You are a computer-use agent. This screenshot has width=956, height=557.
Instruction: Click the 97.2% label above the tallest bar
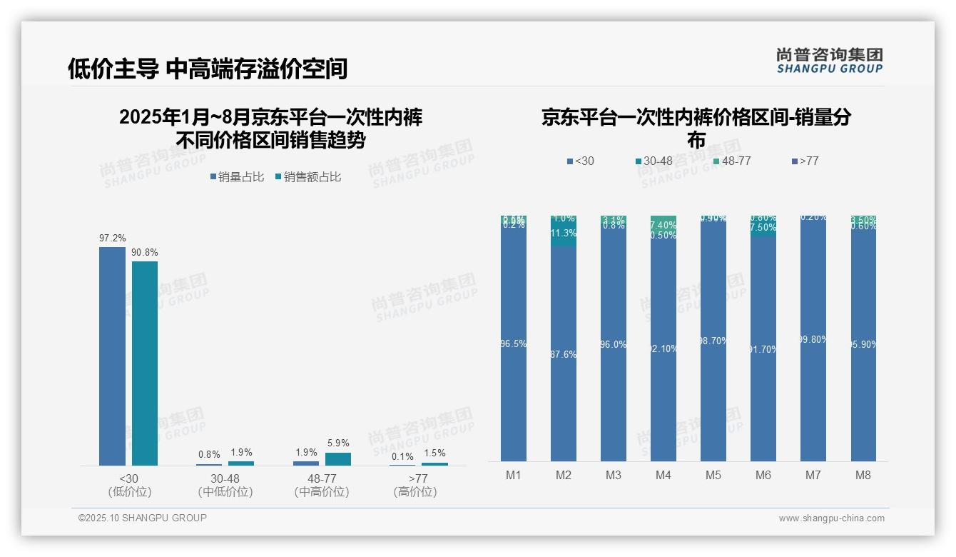pyautogui.click(x=112, y=238)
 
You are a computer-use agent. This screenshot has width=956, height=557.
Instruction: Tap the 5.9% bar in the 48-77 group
pyautogui.click(x=338, y=458)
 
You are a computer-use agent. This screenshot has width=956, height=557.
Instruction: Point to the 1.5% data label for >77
pyautogui.click(x=434, y=453)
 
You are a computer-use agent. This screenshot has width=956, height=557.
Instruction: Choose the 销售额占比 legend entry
pyautogui.click(x=308, y=177)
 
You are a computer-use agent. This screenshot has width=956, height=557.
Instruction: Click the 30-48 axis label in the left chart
pyautogui.click(x=225, y=478)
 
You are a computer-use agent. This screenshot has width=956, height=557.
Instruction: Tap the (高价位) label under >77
pyautogui.click(x=415, y=492)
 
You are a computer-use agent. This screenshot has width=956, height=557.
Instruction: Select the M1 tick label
pyautogui.click(x=514, y=476)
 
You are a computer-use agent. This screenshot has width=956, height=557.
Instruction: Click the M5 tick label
pyautogui.click(x=713, y=476)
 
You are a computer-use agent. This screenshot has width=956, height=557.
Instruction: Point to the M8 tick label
pyautogui.click(x=863, y=476)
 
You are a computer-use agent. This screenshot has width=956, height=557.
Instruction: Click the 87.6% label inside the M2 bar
pyautogui.click(x=564, y=354)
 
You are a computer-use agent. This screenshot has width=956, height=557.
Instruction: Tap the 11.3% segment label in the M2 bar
pyautogui.click(x=564, y=233)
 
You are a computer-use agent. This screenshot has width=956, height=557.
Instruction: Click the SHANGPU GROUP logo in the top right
pyautogui.click(x=829, y=61)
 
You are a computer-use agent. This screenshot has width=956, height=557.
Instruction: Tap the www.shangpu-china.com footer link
pyautogui.click(x=831, y=518)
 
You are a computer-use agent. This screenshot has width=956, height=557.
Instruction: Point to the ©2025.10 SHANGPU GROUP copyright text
pyautogui.click(x=143, y=518)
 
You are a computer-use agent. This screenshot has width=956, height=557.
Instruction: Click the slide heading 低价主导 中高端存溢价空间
pyautogui.click(x=208, y=69)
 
